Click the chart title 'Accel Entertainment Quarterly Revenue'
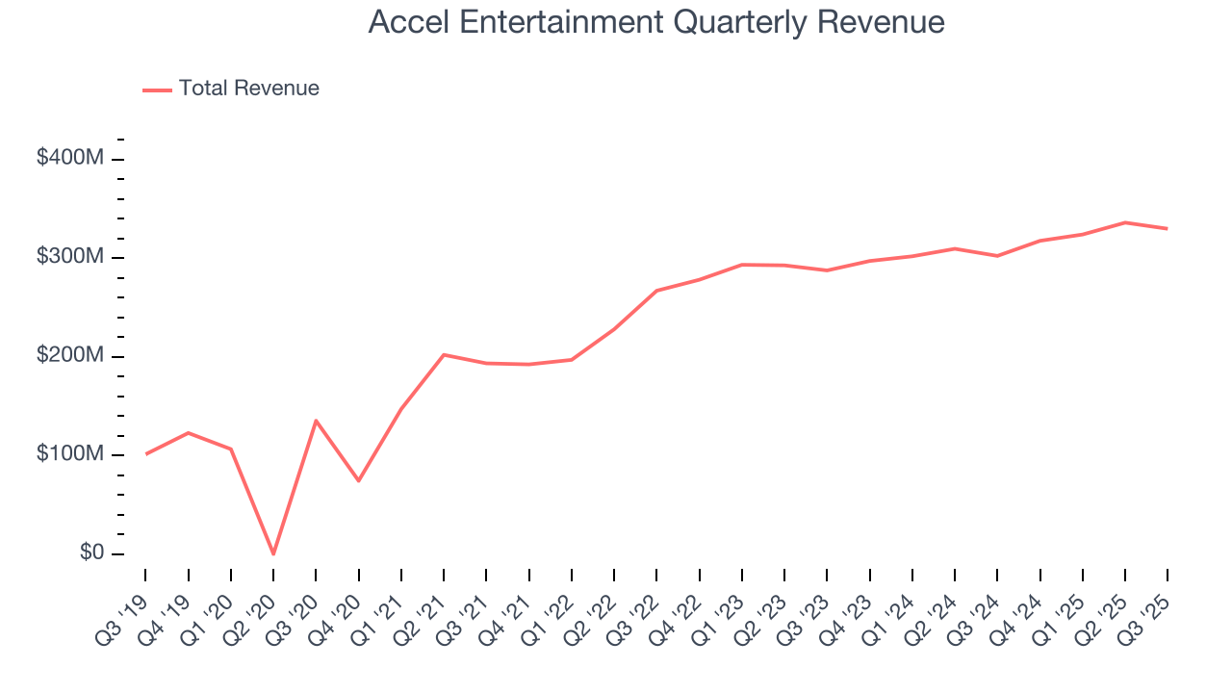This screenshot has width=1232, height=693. pyautogui.click(x=656, y=22)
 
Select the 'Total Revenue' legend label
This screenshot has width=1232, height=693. pyautogui.click(x=248, y=89)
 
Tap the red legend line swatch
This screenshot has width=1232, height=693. pyautogui.click(x=158, y=90)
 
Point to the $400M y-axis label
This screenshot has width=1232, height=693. pyautogui.click(x=70, y=158)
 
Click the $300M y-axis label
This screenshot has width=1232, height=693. pyautogui.click(x=70, y=257)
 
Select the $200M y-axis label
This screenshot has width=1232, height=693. pyautogui.click(x=70, y=356)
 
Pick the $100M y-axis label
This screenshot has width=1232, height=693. pyautogui.click(x=70, y=454)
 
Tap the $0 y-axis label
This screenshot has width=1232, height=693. pyautogui.click(x=92, y=553)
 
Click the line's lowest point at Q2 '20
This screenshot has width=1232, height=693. pyautogui.click(x=273, y=553)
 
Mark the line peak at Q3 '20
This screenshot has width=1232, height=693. pyautogui.click(x=316, y=421)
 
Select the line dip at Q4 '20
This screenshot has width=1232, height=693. pyautogui.click(x=358, y=480)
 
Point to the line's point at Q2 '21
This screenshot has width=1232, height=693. pyautogui.click(x=444, y=354)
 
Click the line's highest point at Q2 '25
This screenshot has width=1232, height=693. pyautogui.click(x=1125, y=222)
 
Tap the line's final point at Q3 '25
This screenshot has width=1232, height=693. pyautogui.click(x=1168, y=228)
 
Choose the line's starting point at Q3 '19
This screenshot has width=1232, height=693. pyautogui.click(x=145, y=453)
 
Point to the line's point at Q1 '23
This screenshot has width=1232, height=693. pyautogui.click(x=742, y=264)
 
